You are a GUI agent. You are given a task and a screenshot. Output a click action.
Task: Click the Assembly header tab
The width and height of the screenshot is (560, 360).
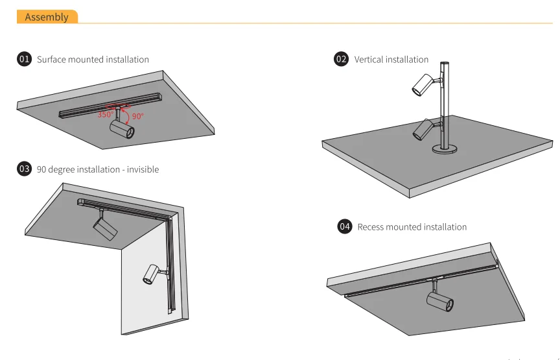[47, 17]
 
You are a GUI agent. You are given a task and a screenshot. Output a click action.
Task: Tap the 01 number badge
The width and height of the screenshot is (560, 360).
[24, 59]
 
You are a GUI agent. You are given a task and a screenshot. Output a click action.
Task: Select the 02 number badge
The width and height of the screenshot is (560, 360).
[341, 59]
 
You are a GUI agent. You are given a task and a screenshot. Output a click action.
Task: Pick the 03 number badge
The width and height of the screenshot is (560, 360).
[24, 169]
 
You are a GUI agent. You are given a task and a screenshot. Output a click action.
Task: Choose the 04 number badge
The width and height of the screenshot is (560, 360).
[345, 226]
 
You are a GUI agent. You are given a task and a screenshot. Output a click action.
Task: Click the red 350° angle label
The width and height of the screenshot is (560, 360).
[106, 115]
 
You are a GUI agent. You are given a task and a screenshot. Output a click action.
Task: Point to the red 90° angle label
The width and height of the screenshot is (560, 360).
[137, 117]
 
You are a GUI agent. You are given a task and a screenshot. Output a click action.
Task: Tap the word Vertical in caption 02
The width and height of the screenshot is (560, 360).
[370, 60]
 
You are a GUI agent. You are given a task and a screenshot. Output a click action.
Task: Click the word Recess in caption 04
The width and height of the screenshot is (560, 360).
[371, 227]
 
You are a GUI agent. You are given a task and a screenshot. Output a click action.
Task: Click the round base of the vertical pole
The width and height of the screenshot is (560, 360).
[445, 150]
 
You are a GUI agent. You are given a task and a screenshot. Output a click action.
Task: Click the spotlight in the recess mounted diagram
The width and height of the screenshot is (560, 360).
[440, 301]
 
